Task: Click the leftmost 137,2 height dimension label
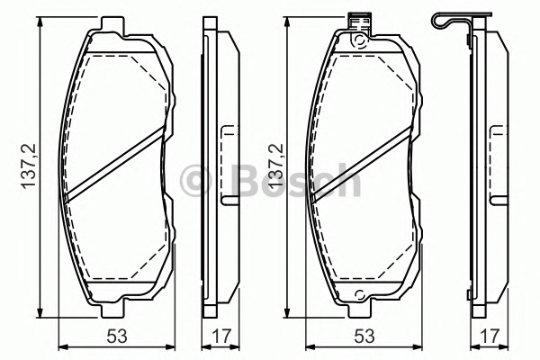click(29, 166)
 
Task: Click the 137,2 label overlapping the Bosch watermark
click(276, 166)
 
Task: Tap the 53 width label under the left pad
click(117, 337)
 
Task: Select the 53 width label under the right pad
click(364, 337)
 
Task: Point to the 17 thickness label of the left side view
click(220, 337)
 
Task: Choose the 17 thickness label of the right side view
click(489, 337)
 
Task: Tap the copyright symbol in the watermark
click(195, 181)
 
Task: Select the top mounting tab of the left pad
click(112, 25)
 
